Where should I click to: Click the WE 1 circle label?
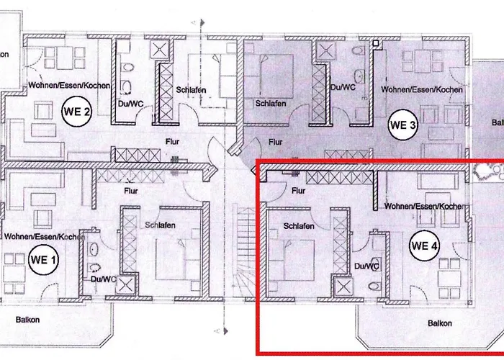(43, 260)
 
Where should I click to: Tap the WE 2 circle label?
(76, 112)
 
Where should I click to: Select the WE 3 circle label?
(402, 125)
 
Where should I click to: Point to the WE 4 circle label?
(424, 246)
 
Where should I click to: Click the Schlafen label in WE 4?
(299, 226)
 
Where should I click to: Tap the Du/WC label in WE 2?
(130, 104)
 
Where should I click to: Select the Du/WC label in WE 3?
(343, 87)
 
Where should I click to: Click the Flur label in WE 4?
(298, 191)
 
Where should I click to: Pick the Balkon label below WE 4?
(440, 323)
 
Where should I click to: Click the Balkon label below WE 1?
(27, 320)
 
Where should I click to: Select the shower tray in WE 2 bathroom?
(160, 50)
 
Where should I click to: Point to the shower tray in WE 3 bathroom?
(326, 50)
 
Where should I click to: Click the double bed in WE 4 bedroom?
(292, 260)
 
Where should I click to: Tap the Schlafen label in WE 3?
(271, 104)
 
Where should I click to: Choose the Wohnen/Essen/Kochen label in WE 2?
(69, 85)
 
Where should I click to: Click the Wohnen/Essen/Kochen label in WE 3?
(422, 89)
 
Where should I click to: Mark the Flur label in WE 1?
(131, 191)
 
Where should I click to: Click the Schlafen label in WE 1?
(160, 225)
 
